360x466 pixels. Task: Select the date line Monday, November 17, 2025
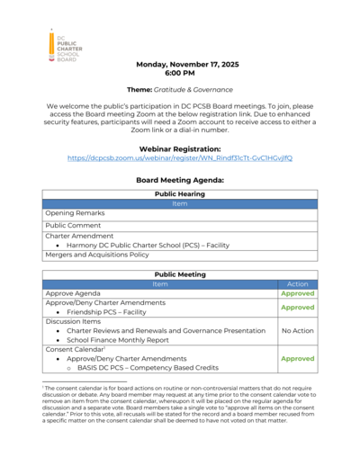pos(180,66)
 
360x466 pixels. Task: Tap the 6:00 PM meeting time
pos(180,75)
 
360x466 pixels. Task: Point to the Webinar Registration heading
pos(180,148)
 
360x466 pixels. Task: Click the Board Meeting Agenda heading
pos(180,180)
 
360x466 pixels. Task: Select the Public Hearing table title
pos(180,193)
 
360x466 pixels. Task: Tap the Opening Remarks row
pos(76,213)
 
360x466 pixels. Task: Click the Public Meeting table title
pos(180,273)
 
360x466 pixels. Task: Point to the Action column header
pos(297,283)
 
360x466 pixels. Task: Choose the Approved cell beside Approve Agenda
pos(297,293)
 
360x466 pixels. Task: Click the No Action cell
pos(297,330)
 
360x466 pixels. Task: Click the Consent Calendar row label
pos(77,349)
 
